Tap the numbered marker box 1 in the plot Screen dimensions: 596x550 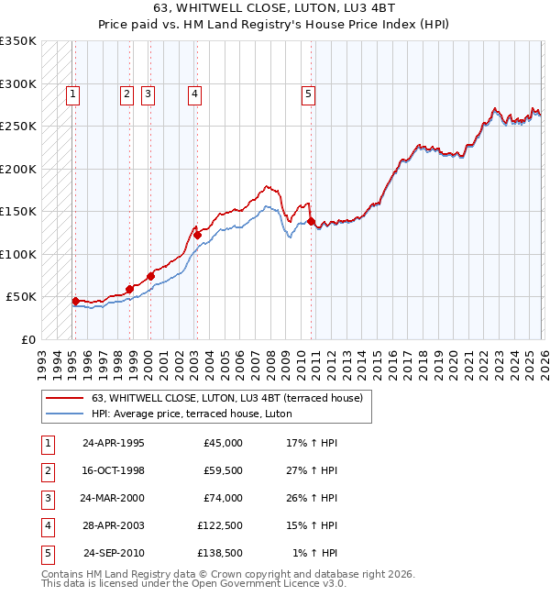pos(72,93)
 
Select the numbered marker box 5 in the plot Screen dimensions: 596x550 pos(309,93)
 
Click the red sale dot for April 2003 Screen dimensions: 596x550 pos(197,235)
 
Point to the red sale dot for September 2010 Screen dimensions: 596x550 pos(311,221)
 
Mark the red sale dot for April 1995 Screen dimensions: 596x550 pos(75,301)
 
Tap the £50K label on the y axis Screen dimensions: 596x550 pos(22,297)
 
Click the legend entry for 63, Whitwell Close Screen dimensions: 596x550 pos(227,398)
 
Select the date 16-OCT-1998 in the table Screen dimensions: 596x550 pos(113,470)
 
